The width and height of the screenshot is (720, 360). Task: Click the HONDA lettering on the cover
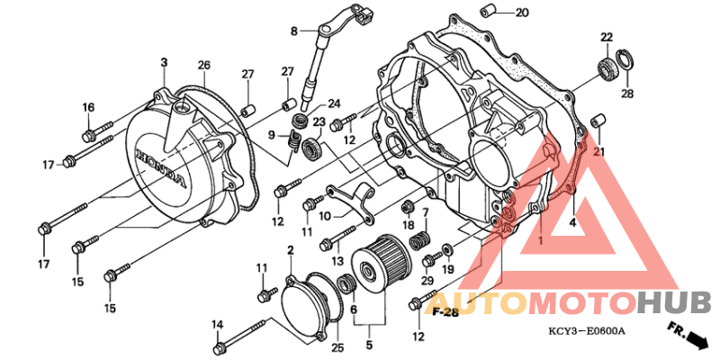tap(162, 168)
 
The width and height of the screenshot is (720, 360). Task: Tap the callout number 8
tap(294, 31)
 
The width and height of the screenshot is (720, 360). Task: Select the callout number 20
tap(522, 13)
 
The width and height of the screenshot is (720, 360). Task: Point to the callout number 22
tap(607, 38)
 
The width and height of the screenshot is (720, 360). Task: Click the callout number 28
tap(627, 94)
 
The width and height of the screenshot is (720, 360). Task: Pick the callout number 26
tap(204, 65)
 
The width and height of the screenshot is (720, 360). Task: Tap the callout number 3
tap(164, 62)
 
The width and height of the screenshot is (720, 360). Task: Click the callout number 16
tap(88, 107)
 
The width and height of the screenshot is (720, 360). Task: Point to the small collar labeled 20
tap(488, 11)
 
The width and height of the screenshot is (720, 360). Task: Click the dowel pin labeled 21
tap(598, 121)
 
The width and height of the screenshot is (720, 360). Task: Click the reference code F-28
tap(445, 312)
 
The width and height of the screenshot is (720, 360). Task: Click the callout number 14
tap(217, 326)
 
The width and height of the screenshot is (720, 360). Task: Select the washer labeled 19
tap(446, 250)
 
